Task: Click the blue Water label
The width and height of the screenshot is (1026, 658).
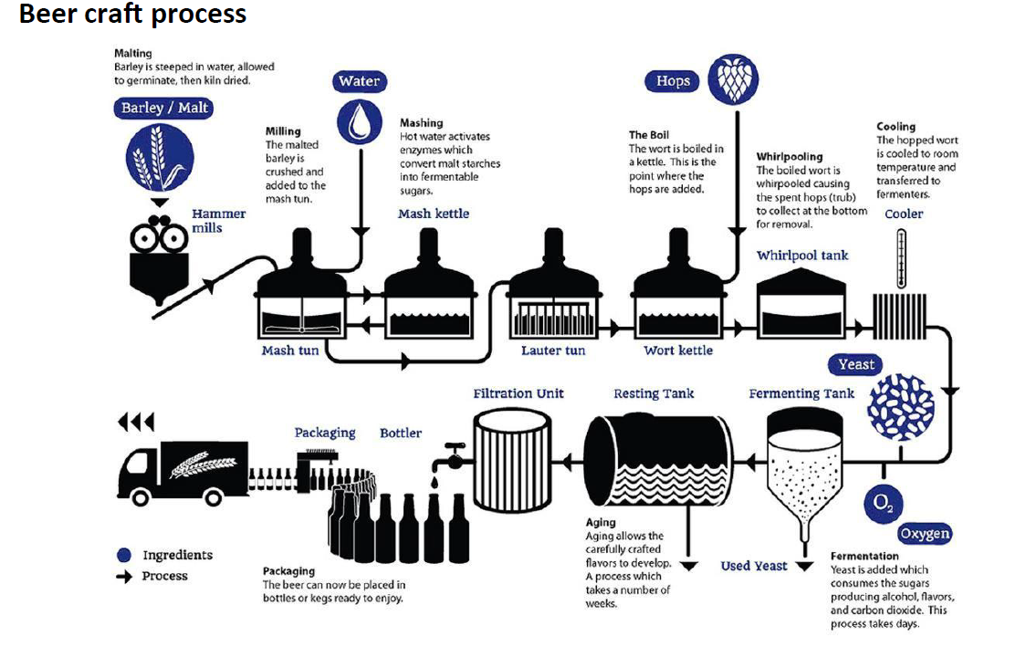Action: pyautogui.click(x=359, y=81)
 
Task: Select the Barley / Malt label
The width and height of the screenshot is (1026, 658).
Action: pyautogui.click(x=165, y=108)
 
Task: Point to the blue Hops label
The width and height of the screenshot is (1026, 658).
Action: pyautogui.click(x=673, y=81)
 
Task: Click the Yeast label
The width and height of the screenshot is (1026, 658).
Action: pyautogui.click(x=856, y=364)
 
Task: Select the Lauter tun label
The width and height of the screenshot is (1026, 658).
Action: pyautogui.click(x=553, y=350)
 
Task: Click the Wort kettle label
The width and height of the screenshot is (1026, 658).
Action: pyautogui.click(x=678, y=350)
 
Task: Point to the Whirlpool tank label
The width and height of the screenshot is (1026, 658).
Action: pyautogui.click(x=802, y=256)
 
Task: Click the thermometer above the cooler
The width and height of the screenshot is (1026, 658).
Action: pyautogui.click(x=901, y=258)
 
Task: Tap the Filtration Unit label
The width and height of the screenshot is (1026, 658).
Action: pyautogui.click(x=518, y=393)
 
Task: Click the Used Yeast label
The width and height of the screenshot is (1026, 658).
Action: pyautogui.click(x=753, y=566)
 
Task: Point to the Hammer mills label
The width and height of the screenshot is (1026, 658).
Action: pyautogui.click(x=218, y=221)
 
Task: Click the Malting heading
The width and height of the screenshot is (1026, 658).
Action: pyautogui.click(x=133, y=54)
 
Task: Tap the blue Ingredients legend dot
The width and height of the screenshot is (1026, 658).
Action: pyautogui.click(x=124, y=555)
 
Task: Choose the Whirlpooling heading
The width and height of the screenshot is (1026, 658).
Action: pyautogui.click(x=790, y=157)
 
